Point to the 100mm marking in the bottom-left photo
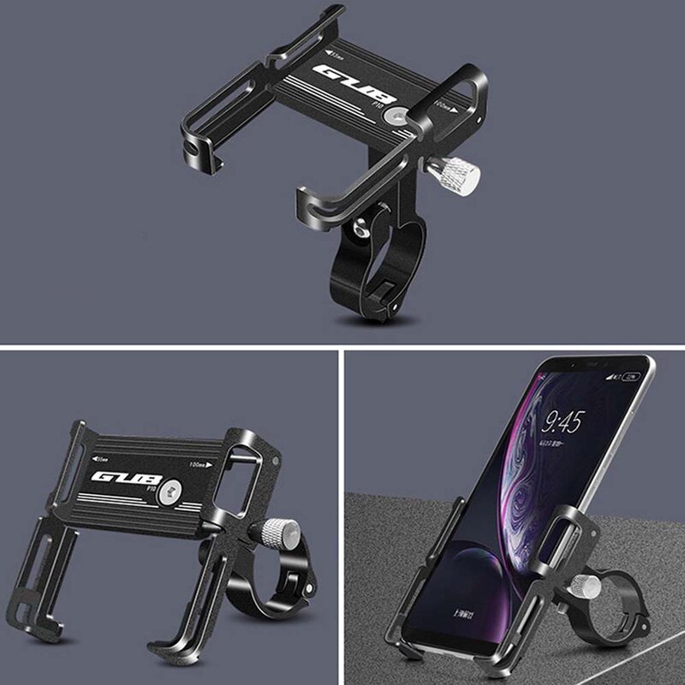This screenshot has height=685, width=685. click(x=208, y=462)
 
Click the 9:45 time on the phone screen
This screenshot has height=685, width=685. click(x=563, y=422)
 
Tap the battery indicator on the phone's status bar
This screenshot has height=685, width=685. click(x=631, y=376)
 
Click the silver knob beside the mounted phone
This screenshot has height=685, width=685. click(x=587, y=587)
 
